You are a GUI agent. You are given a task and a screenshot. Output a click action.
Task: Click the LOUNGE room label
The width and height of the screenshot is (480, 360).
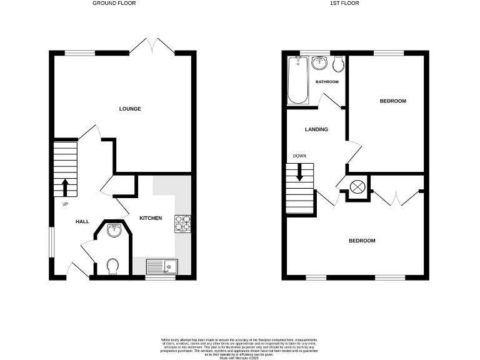[130, 109]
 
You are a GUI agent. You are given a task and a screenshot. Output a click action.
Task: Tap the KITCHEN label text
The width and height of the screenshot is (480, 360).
[151, 218]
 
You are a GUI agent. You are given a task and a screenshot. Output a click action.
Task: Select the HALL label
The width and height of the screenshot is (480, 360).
[82, 221]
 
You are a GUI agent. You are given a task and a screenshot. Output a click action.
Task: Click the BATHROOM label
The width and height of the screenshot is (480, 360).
[327, 82]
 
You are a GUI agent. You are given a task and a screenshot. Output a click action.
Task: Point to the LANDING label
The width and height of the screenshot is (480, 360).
[316, 129]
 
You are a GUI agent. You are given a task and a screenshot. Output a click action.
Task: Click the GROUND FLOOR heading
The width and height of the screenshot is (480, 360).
[114, 3]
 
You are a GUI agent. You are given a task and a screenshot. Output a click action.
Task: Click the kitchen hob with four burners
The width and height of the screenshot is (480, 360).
[183, 223]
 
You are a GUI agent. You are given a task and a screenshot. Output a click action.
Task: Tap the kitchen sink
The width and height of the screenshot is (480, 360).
[162, 267]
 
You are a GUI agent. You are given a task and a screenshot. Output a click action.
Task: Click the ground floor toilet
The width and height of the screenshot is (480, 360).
[113, 266]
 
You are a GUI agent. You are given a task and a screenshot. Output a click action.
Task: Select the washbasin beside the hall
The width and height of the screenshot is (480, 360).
[114, 231]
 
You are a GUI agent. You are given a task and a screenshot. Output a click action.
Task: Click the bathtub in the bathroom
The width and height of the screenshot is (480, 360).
[297, 80]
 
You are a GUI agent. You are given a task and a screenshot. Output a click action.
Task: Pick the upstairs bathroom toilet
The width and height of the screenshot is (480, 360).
[337, 63]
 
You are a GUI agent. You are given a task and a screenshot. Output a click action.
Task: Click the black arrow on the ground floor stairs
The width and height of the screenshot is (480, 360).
[65, 186]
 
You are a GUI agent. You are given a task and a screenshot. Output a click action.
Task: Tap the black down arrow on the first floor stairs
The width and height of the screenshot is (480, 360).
[299, 172]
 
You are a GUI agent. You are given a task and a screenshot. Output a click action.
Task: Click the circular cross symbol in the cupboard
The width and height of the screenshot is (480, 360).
[358, 187]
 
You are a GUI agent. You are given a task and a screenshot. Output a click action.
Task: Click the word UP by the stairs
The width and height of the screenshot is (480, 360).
[65, 204]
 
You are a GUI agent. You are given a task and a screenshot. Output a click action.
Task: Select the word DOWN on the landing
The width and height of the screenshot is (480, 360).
[299, 156]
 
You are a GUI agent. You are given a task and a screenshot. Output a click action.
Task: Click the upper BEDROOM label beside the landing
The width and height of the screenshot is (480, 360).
[393, 101]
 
